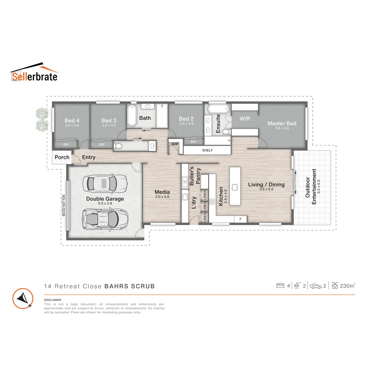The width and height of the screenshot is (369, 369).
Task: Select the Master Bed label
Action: [282, 123]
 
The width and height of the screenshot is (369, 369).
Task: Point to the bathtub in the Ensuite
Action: [218, 109]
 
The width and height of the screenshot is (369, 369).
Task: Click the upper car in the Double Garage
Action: [105, 183]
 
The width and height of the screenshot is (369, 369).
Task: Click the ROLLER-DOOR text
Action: [63, 205]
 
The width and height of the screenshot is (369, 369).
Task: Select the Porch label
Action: [62, 158]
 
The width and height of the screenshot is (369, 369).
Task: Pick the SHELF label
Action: [207, 150]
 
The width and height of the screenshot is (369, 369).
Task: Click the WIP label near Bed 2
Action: [175, 144]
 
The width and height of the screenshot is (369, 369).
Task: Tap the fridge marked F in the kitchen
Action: [240, 219]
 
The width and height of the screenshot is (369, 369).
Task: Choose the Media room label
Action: [162, 192]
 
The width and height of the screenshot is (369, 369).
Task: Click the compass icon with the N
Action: [23, 298]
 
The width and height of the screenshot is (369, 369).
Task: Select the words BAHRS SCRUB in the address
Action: [129, 286]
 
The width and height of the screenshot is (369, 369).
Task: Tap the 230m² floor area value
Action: [347, 286]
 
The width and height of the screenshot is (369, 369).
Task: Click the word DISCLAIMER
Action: [53, 300]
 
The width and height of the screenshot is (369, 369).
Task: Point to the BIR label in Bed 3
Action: [101, 145]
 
